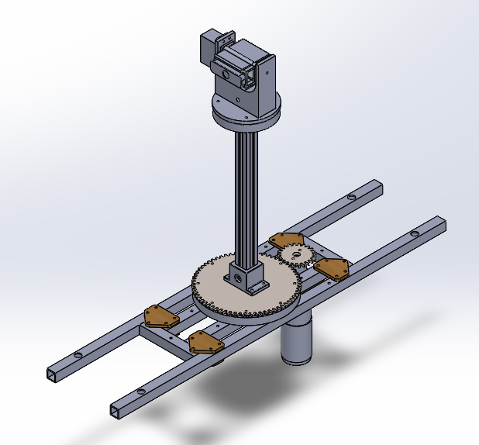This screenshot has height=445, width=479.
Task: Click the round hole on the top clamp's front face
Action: [x=226, y=75]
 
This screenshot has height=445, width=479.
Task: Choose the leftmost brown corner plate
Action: [x=160, y=316]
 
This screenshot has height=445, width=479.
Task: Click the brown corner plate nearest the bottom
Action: [x=203, y=341]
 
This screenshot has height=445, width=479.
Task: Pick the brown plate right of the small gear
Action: [x=331, y=268]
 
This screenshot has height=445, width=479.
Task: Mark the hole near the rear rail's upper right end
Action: [x=353, y=198]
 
